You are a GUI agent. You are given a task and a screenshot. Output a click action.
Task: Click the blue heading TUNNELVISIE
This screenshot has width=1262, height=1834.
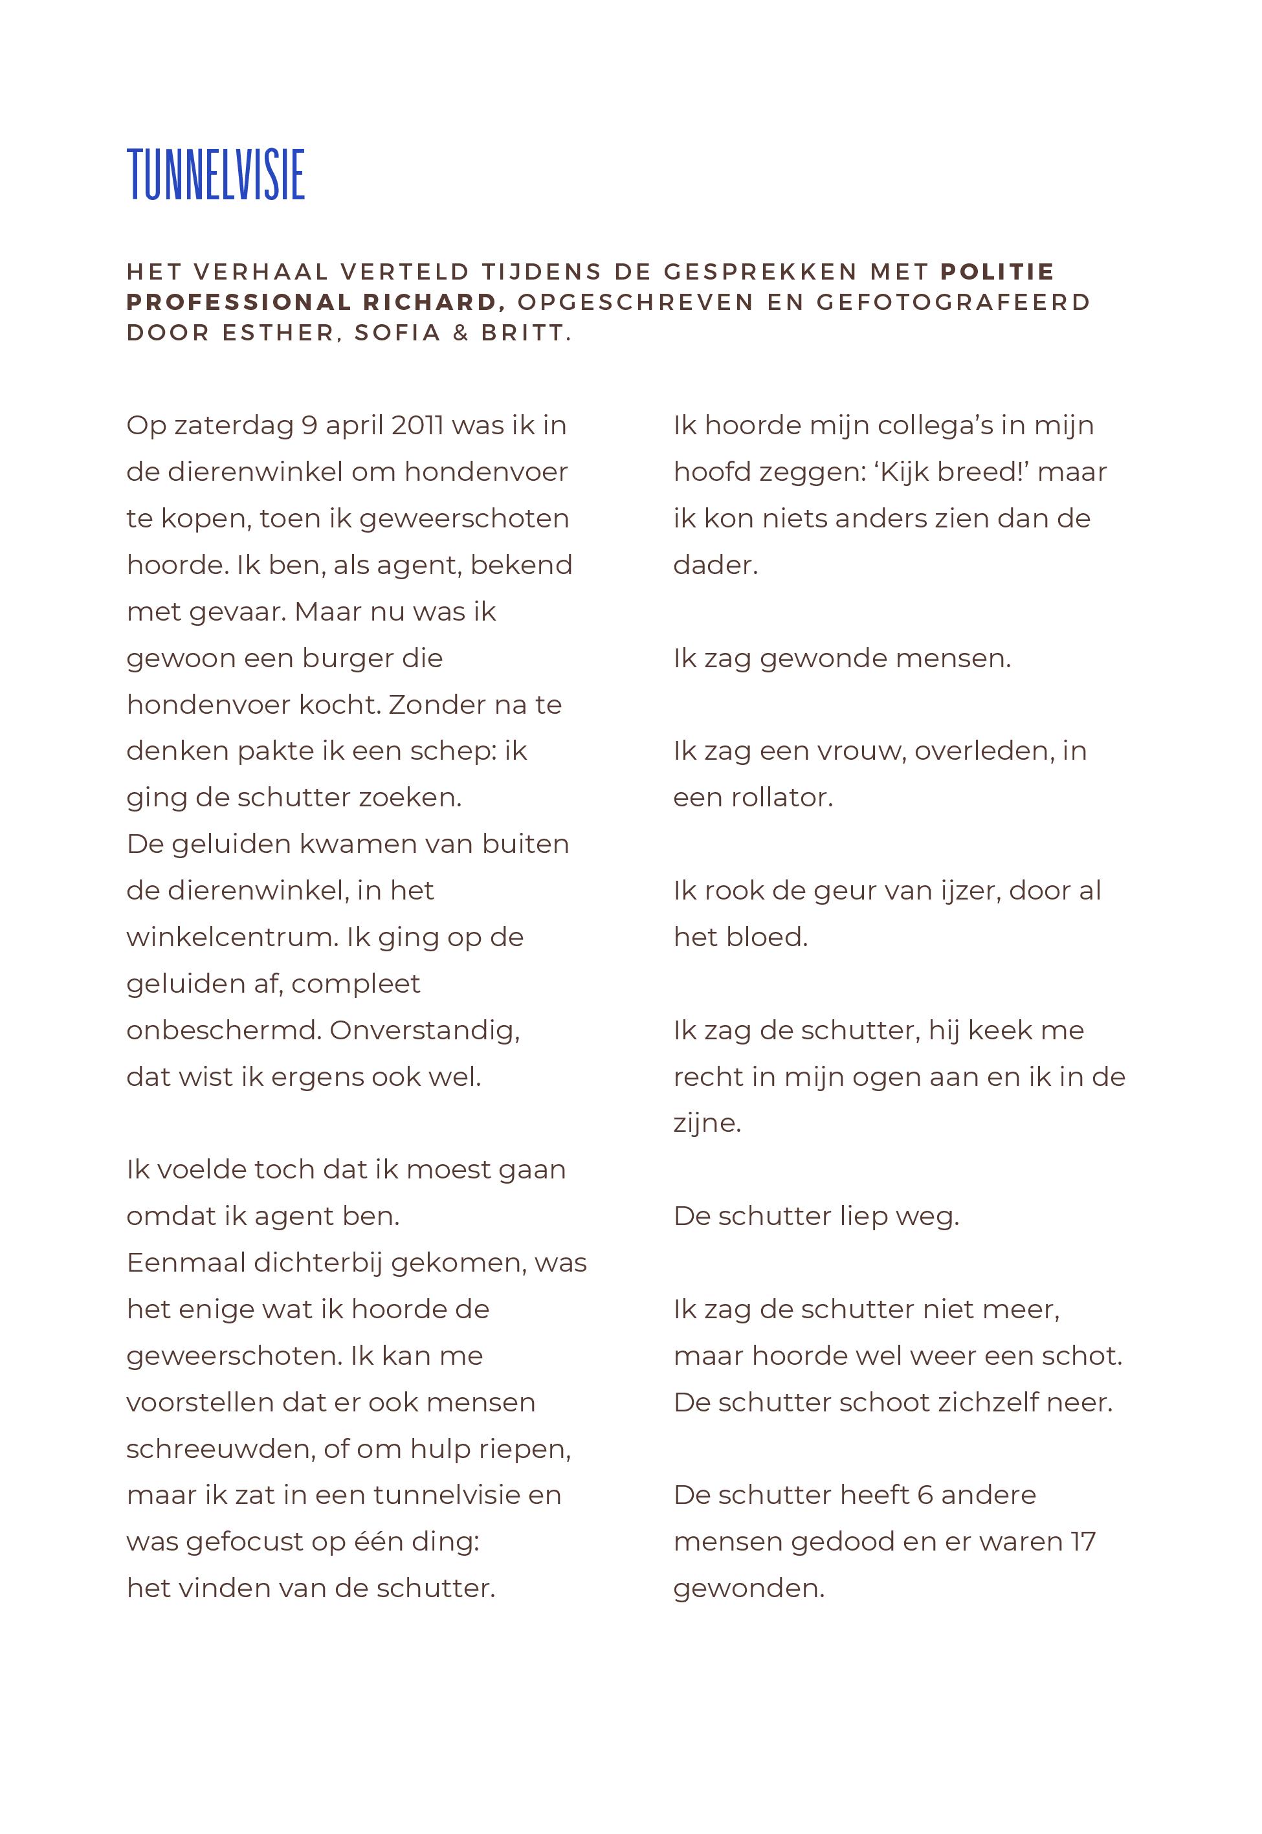coord(216,175)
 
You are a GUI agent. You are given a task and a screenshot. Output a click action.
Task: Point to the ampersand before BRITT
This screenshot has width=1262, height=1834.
coord(461,333)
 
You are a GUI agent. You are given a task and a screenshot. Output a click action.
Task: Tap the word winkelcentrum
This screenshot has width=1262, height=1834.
coord(232,937)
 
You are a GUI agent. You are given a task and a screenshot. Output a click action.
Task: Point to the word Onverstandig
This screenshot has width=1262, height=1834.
coord(425,1030)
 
